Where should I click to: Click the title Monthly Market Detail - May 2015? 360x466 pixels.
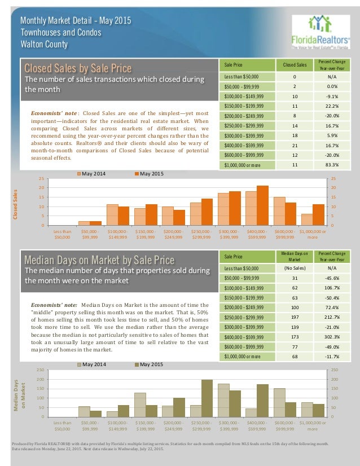pos(76,20)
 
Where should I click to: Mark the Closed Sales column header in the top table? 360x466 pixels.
pos(295,65)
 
